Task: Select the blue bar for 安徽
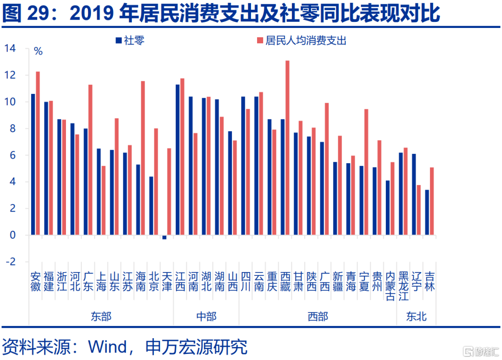[x=33, y=165]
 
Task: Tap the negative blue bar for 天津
[x=165, y=237]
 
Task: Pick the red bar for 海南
[x=143, y=158]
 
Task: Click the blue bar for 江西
[x=178, y=160]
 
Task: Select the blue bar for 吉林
[x=427, y=213]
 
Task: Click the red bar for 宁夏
[x=366, y=172]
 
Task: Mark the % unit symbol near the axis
[x=38, y=52]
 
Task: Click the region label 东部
[x=101, y=316]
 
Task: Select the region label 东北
[x=416, y=316]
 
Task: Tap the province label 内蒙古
[x=390, y=286]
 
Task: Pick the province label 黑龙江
[x=403, y=286]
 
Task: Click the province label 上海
[x=101, y=281]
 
